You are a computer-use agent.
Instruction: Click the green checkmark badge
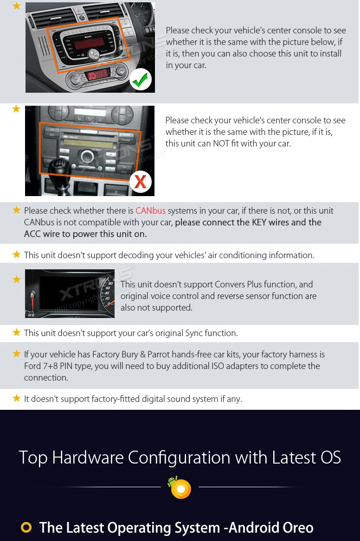(141, 79)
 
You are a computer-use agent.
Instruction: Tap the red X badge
(141, 181)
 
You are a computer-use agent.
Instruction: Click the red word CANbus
(150, 210)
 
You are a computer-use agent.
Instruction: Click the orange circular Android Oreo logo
(181, 489)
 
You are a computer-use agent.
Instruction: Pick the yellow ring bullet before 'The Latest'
(26, 527)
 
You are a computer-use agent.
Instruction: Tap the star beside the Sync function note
(16, 332)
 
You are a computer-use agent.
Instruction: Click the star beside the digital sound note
(16, 399)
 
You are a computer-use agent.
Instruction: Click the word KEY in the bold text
(259, 222)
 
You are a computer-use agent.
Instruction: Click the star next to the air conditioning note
(16, 255)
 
